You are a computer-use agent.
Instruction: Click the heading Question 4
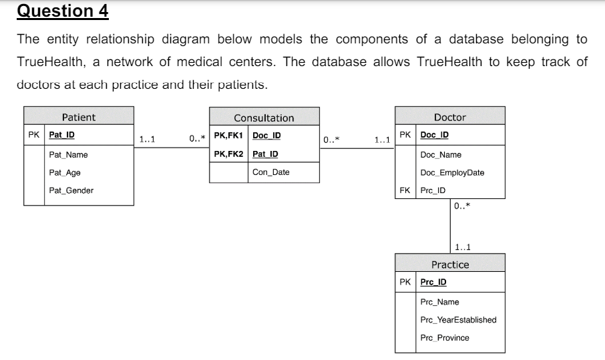pyautogui.click(x=62, y=11)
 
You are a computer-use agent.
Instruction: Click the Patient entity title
pyautogui.click(x=78, y=117)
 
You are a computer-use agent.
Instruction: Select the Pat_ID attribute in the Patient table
pyautogui.click(x=61, y=134)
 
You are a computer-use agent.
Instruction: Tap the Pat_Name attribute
pyautogui.click(x=68, y=155)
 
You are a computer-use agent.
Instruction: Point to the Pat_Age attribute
pyautogui.click(x=65, y=172)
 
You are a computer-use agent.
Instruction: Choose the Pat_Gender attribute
pyautogui.click(x=71, y=190)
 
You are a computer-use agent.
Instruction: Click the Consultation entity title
pyautogui.click(x=264, y=118)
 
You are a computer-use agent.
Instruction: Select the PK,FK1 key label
pyautogui.click(x=228, y=136)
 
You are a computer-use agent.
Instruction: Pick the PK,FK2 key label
pyautogui.click(x=228, y=154)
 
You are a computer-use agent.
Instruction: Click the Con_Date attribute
pyautogui.click(x=270, y=172)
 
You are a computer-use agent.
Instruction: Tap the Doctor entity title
pyautogui.click(x=449, y=117)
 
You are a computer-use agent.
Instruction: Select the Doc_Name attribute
pyautogui.click(x=441, y=155)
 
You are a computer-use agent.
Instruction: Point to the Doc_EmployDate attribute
pyautogui.click(x=452, y=172)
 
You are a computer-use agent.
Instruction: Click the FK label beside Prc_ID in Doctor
pyautogui.click(x=404, y=190)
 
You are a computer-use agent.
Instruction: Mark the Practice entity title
pyautogui.click(x=449, y=264)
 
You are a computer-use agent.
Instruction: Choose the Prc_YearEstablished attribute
pyautogui.click(x=458, y=320)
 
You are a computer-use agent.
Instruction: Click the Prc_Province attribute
pyautogui.click(x=445, y=338)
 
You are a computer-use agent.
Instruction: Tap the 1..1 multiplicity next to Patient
pyautogui.click(x=148, y=140)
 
